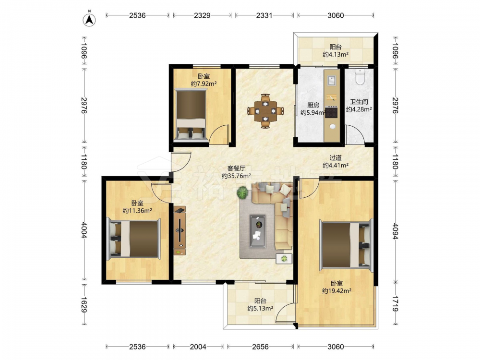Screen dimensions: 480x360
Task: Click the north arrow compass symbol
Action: pyautogui.click(x=89, y=20)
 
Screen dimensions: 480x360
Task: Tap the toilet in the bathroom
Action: pyautogui.click(x=360, y=76)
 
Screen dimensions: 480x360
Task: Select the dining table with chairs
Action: pyautogui.click(x=265, y=111)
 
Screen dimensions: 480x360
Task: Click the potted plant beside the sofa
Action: pyautogui.click(x=243, y=193)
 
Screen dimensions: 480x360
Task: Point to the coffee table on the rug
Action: pyautogui.click(x=257, y=231)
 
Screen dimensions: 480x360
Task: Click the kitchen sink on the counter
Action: pyautogui.click(x=332, y=81)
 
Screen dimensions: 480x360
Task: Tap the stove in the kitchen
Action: pyautogui.click(x=332, y=112)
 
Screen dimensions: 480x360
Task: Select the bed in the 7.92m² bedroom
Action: pyautogui.click(x=191, y=115)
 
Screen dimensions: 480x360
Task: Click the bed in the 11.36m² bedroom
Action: pyautogui.click(x=133, y=239)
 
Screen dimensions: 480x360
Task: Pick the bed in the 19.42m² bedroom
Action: pyautogui.click(x=347, y=245)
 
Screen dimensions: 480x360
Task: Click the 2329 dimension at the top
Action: pyautogui.click(x=202, y=15)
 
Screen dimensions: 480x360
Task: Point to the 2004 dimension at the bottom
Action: pyautogui.click(x=198, y=347)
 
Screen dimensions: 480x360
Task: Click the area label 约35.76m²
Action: pyautogui.click(x=236, y=176)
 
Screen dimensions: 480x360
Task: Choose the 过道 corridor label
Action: pyautogui.click(x=336, y=157)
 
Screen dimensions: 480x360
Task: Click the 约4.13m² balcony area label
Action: pyautogui.click(x=336, y=55)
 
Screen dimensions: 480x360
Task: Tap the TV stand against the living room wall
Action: pyautogui.click(x=180, y=231)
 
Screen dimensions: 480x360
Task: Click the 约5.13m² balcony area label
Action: pyautogui.click(x=260, y=309)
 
